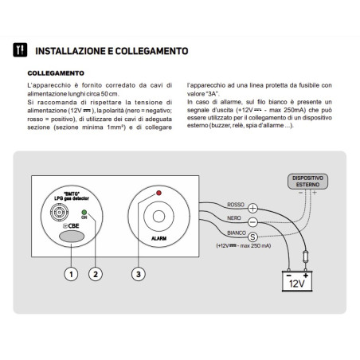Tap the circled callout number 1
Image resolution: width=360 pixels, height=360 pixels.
click(x=70, y=274)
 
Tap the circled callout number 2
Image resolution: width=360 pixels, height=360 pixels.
click(x=97, y=274)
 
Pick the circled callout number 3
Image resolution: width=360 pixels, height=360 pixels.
click(x=140, y=274)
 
